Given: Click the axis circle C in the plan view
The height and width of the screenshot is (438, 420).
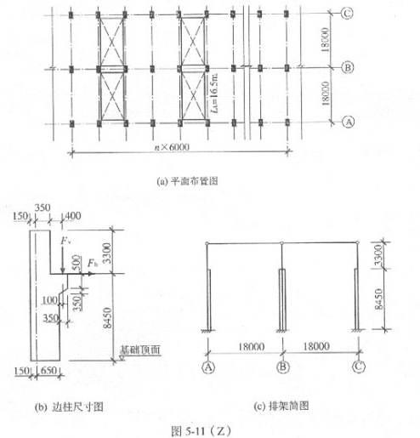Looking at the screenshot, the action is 347,14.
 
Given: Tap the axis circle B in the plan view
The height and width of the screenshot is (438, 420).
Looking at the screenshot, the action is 347,68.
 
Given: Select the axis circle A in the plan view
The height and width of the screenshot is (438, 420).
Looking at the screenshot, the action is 348,122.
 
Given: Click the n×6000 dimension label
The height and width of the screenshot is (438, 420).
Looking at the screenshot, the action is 172,147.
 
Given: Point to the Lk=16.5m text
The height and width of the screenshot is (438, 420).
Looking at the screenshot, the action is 214,93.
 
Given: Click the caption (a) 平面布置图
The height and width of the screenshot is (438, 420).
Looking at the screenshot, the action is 187,181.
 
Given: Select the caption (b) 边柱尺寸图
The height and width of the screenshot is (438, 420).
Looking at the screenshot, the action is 69,407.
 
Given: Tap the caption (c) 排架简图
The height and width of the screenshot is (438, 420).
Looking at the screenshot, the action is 281,406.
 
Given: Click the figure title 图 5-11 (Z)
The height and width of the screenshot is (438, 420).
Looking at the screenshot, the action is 201,431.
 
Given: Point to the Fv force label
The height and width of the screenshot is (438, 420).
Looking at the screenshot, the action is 65,241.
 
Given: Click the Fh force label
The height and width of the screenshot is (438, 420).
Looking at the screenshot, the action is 93,263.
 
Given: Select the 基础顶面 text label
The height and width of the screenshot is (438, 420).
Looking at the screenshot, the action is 139,350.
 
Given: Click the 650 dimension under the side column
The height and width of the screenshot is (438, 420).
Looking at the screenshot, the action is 48,370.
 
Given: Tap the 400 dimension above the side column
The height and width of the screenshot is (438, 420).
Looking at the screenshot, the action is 73,216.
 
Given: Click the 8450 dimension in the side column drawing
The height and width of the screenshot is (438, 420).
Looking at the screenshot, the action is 108,317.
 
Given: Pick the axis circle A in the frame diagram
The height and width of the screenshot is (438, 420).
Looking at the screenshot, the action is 208,367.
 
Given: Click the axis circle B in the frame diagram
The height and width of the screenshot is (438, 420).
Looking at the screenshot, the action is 283,367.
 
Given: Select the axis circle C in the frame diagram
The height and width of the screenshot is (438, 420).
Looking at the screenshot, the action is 359,367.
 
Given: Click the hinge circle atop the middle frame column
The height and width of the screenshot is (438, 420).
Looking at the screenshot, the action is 281,243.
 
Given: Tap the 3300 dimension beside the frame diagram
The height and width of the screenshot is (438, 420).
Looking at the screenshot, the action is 378,255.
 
